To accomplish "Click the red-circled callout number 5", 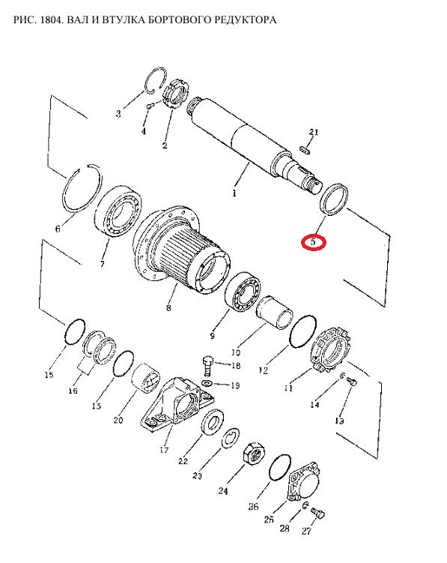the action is click(314, 242).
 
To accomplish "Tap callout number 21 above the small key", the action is click(314, 132).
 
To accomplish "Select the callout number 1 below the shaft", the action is click(234, 193).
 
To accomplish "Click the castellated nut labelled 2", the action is click(176, 94).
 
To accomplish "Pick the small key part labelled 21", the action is click(304, 150).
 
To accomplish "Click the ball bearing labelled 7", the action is click(119, 211).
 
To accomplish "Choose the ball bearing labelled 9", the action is click(243, 292).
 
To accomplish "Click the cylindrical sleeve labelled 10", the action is click(275, 312).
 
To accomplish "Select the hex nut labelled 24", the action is click(255, 454).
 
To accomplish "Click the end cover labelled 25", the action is click(304, 482).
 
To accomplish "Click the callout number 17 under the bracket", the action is click(164, 449).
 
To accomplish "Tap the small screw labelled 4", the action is click(150, 105).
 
